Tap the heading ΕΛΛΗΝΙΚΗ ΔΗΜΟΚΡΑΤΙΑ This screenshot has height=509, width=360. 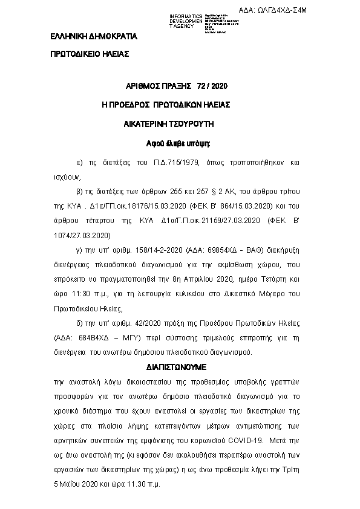94,37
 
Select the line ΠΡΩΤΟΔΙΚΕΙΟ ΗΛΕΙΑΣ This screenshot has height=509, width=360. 90,54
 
